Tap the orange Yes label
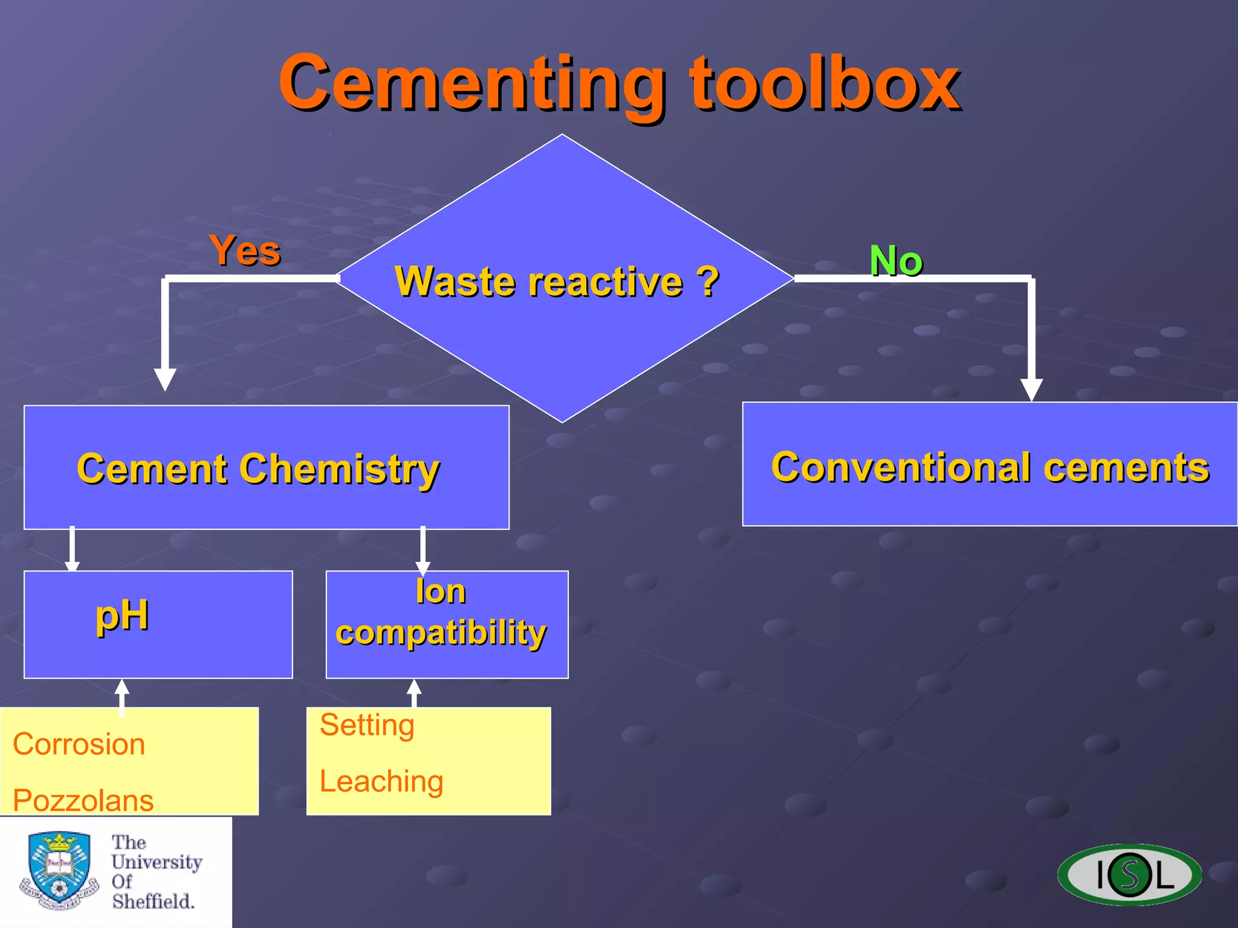(x=245, y=250)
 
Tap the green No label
(x=896, y=261)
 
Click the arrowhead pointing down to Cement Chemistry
(x=164, y=379)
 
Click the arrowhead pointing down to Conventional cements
(x=1031, y=389)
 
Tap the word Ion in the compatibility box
(x=441, y=591)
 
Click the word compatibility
(x=441, y=633)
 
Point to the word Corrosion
(x=79, y=744)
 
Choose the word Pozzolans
(x=83, y=800)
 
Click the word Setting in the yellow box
(x=367, y=724)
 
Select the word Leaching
(x=381, y=781)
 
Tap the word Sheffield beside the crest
(x=152, y=901)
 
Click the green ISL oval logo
(x=1129, y=874)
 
